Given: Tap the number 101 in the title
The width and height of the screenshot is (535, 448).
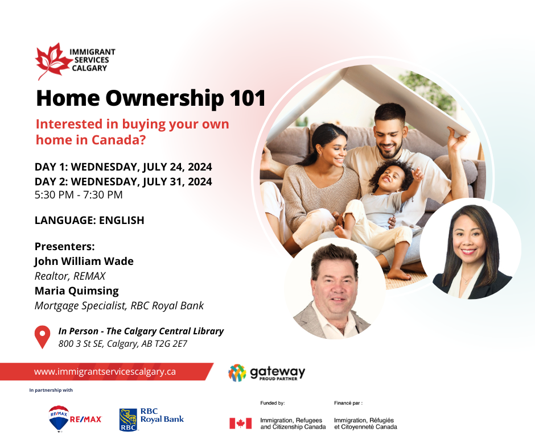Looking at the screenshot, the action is click(248, 98).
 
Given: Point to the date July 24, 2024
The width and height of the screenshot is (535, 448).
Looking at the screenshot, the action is click(178, 167).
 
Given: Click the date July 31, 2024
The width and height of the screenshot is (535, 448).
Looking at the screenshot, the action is click(178, 182).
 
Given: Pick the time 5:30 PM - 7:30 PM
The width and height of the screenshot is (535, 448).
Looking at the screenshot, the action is click(79, 194).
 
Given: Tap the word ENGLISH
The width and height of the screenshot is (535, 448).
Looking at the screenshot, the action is click(121, 220).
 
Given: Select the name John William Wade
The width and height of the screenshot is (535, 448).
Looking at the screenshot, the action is click(84, 262).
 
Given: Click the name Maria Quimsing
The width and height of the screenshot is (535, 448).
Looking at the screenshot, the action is click(77, 291).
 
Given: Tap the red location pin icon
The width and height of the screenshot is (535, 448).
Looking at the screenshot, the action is click(42, 337).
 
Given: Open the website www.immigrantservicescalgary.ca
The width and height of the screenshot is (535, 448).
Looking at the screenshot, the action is click(105, 372).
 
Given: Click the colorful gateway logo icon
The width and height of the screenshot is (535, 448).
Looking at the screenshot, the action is click(237, 372).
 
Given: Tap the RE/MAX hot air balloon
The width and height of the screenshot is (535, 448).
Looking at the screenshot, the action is click(59, 418).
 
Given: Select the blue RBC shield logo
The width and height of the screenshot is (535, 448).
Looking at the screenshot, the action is click(128, 420).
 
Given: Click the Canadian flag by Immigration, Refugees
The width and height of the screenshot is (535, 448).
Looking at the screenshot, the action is click(241, 424).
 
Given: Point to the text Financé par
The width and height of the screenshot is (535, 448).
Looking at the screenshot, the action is click(348, 403).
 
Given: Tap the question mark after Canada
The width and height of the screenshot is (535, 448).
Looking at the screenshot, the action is click(142, 140).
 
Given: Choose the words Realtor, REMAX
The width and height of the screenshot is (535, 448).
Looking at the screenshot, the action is click(70, 276).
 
